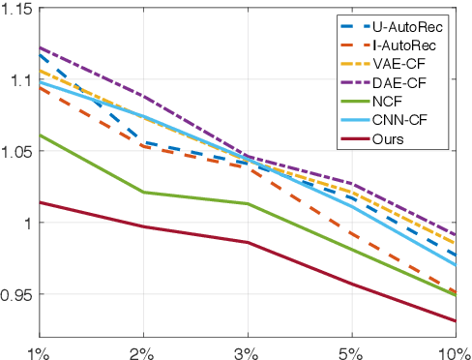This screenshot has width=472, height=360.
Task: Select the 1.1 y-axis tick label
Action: click(x=21, y=80)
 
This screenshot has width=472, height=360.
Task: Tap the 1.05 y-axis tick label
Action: click(x=17, y=152)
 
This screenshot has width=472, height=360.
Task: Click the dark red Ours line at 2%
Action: click(x=144, y=226)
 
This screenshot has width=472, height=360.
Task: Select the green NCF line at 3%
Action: click(x=249, y=204)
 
